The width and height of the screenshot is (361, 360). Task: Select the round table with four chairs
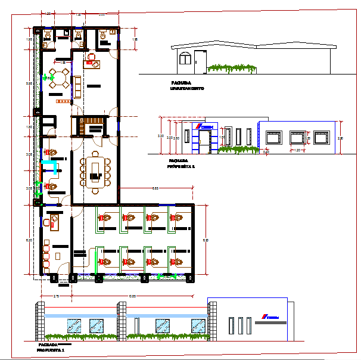point(60,77)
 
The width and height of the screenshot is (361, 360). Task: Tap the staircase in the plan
point(94,127)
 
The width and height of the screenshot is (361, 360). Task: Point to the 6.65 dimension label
point(154,188)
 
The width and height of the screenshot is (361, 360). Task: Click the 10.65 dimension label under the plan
point(133,296)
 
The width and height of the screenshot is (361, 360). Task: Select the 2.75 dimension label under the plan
point(55,296)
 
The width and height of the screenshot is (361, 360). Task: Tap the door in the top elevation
point(199,61)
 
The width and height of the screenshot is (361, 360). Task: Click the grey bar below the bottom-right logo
point(270,322)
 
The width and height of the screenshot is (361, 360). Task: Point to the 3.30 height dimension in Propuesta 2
point(161,136)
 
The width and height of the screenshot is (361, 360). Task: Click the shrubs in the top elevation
point(232,69)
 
